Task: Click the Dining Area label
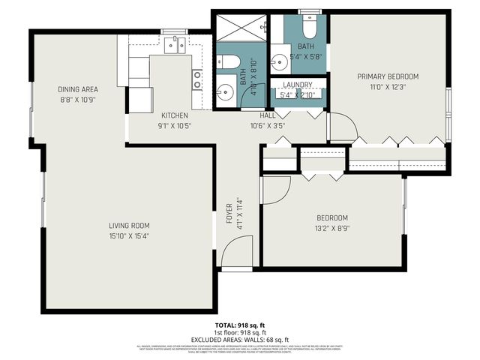tap(77, 88)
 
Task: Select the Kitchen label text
tap(174, 115)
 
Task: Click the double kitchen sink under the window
tap(175, 46)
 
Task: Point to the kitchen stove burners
tap(197, 79)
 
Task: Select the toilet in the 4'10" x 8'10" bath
tap(231, 61)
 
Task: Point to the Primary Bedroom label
tap(387, 76)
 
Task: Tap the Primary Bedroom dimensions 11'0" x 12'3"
tap(387, 87)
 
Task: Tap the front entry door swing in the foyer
tap(238, 251)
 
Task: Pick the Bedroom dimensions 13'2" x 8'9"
tap(331, 228)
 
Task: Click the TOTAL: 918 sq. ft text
tap(239, 325)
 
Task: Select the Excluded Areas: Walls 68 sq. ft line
tap(239, 340)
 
